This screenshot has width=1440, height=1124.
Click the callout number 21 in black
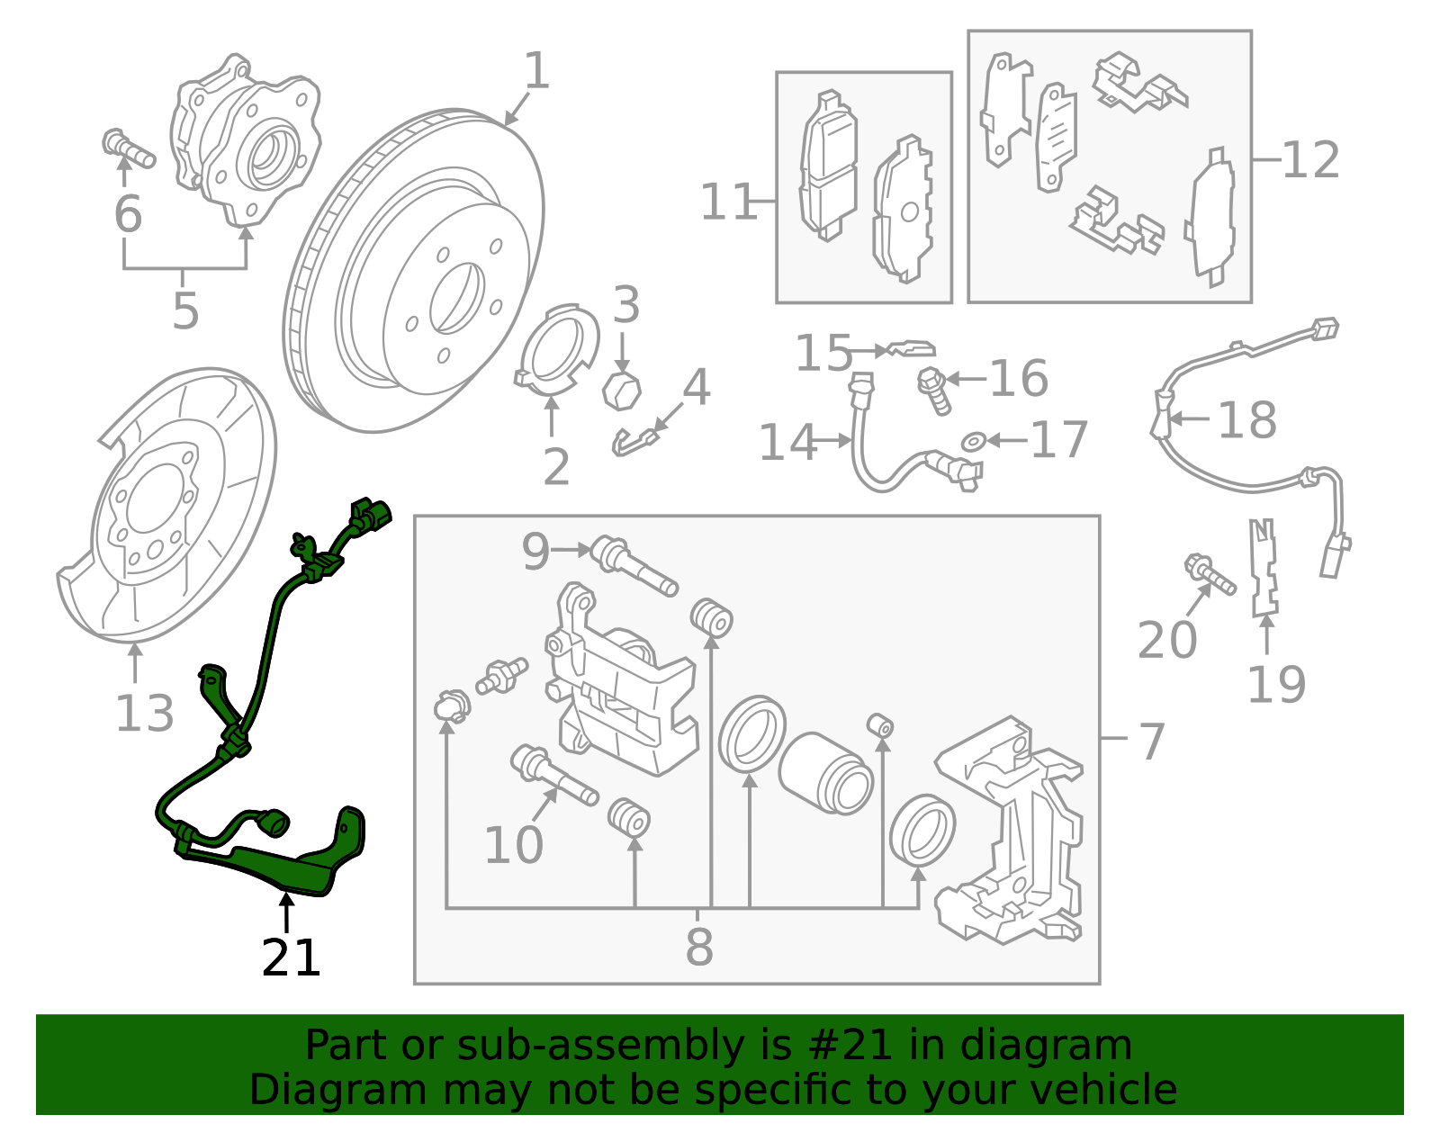pos(291,958)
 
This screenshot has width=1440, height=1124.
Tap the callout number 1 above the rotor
pos(536,71)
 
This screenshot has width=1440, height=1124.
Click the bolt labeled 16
pos(934,391)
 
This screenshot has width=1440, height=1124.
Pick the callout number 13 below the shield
pos(144,714)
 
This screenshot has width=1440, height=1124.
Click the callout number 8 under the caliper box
pos(699,947)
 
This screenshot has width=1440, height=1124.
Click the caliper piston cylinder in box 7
pos(824,773)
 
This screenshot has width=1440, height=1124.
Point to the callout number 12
pos(1310,161)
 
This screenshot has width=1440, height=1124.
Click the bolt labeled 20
pos(1210,575)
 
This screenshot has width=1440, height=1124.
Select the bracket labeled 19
pos(1264,568)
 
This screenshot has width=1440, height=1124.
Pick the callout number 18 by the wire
pos(1246,420)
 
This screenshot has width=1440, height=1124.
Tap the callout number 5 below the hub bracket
pos(185,311)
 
